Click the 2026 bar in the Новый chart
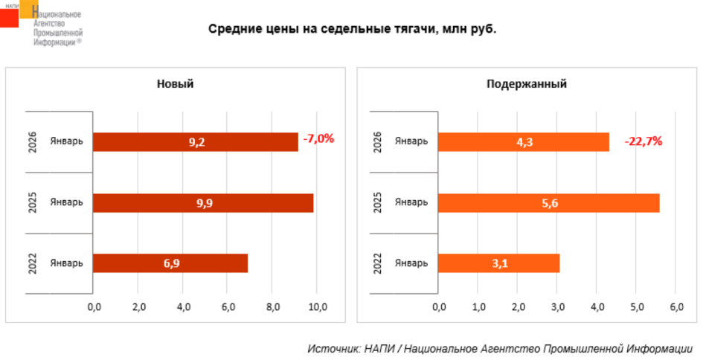point(195,141)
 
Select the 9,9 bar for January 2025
point(203,203)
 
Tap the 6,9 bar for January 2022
point(170,264)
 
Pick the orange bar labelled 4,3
point(523,141)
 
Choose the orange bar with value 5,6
point(548,203)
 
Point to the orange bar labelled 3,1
point(498,264)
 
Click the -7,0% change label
point(318,138)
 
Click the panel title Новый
point(175,84)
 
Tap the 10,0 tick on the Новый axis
point(318,306)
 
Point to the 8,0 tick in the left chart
point(273,306)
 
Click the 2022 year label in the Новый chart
point(33,264)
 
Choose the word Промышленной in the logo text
point(58,33)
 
